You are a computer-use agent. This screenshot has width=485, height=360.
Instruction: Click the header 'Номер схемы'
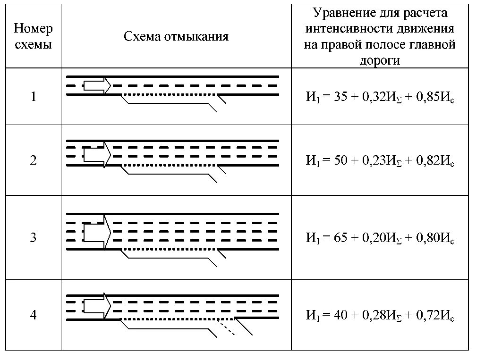[x=33, y=36]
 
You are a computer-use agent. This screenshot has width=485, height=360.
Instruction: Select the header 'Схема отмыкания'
[x=176, y=36]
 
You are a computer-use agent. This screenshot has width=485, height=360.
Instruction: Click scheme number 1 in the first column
[x=33, y=97]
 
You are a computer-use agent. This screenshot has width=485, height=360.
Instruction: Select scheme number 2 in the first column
[x=33, y=161]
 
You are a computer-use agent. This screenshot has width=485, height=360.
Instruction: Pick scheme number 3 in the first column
[x=33, y=238]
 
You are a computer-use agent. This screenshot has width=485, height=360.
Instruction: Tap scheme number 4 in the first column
[x=33, y=315]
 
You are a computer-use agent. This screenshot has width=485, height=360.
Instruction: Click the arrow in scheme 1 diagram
[x=97, y=85]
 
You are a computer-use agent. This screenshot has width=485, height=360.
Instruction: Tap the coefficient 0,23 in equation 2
[x=373, y=161]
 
